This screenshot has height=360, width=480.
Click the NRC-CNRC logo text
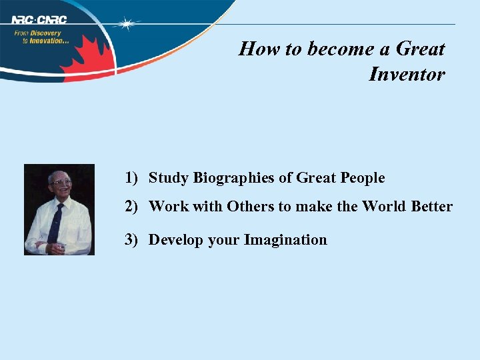[x=39, y=19]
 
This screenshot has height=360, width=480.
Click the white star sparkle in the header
[x=126, y=24]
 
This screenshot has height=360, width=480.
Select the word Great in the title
[x=420, y=49]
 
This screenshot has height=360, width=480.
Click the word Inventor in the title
[x=407, y=74]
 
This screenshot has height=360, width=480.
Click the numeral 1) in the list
[x=131, y=178]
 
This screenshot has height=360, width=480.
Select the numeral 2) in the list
[x=131, y=207]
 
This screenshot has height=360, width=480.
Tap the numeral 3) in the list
[x=131, y=240]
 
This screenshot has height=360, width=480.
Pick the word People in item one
[x=363, y=178]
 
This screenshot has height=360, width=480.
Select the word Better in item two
[x=431, y=207]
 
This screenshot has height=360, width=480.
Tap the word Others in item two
[x=250, y=207]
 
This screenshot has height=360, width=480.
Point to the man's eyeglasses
[x=61, y=182]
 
